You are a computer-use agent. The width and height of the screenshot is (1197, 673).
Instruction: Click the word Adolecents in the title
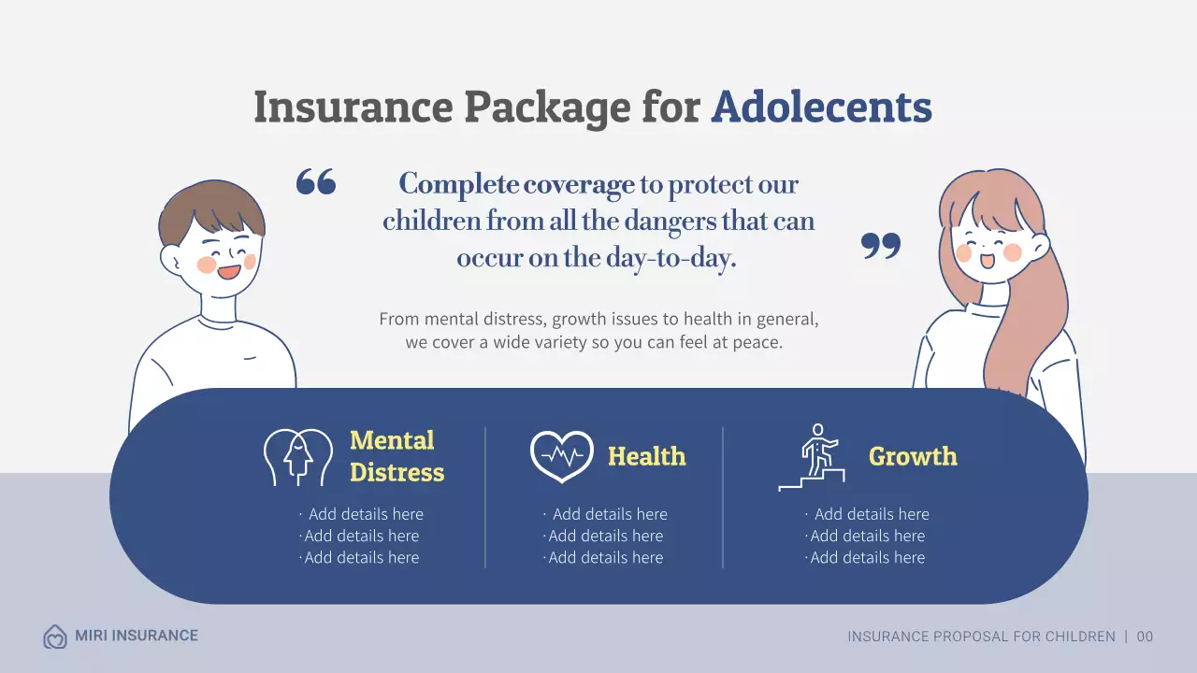[821, 107]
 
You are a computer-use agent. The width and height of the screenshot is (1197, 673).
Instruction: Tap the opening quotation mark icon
[316, 181]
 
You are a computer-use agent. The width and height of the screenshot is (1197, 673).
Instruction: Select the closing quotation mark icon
[880, 246]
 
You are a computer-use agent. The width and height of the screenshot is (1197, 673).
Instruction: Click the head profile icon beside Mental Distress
[297, 457]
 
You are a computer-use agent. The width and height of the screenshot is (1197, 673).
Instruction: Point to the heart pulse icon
[561, 456]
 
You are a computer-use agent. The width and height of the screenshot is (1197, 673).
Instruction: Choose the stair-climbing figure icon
[812, 457]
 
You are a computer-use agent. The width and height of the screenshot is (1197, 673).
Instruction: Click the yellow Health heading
[646, 456]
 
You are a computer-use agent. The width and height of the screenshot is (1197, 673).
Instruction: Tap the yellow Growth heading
[913, 456]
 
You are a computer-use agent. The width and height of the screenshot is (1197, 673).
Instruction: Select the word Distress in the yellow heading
[397, 472]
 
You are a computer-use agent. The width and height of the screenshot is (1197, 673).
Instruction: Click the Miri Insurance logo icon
[55, 637]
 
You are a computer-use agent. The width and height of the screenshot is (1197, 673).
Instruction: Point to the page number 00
[1145, 637]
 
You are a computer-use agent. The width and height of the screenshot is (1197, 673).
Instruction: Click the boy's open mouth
[228, 272]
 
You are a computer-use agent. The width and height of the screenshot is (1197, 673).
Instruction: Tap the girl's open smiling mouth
[988, 261]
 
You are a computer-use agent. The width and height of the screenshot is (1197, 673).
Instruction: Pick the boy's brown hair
[210, 208]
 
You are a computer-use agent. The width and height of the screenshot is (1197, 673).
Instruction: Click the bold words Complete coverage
[516, 184]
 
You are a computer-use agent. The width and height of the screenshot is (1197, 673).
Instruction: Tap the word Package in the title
[547, 107]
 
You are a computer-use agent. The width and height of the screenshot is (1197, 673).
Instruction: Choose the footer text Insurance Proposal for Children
[981, 637]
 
